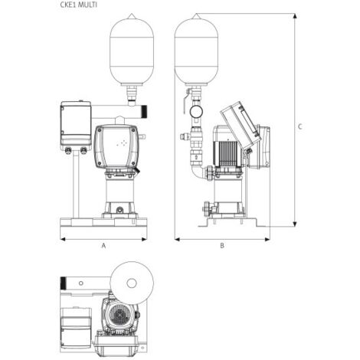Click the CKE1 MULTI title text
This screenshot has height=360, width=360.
click(x=79, y=5)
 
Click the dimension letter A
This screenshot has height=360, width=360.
click(x=103, y=246)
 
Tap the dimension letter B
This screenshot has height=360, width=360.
click(x=222, y=246)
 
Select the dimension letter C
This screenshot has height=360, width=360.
click(x=300, y=126)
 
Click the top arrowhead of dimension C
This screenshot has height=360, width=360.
click(x=295, y=16)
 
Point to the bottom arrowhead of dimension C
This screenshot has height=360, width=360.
click(x=295, y=224)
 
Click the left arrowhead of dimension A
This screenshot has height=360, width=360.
click(x=63, y=239)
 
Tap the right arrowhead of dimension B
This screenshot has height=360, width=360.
click(x=267, y=239)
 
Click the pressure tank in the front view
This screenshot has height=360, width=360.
click(x=132, y=49)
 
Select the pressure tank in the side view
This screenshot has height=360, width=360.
click(x=196, y=49)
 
